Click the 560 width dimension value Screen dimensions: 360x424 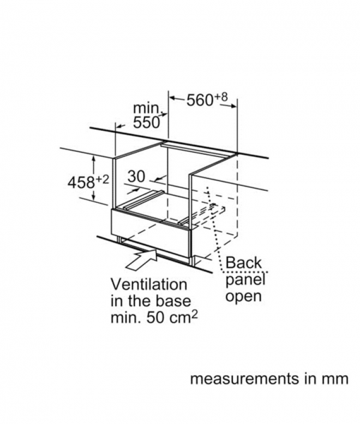pos(200,100)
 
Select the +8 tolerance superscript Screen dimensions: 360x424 pos(221,97)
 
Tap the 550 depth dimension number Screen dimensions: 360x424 pos(146,123)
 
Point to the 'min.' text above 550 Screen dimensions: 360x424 pos(148,109)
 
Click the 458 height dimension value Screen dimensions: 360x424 pos(81,182)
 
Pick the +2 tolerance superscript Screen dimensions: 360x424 pos(102,179)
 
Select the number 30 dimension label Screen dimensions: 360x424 pos(136,177)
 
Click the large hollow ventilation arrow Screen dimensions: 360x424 pos(142,259)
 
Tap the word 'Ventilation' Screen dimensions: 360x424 pos(149,285)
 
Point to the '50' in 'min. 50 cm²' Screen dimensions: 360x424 pos(155,318)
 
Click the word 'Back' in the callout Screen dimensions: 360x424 pos(244,262)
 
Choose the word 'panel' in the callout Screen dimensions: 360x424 pos(245,281)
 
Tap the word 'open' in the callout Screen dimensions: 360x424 pos(244,297)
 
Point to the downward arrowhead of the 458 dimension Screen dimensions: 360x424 pos(93,198)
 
